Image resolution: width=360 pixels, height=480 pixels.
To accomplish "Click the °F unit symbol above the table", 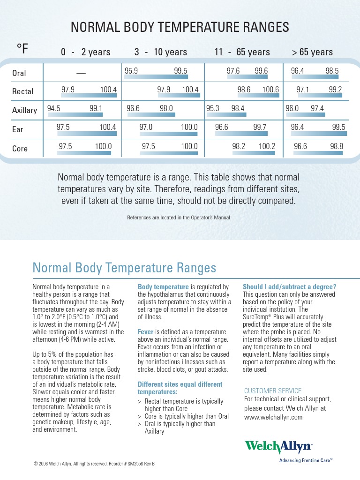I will (x=22, y=48).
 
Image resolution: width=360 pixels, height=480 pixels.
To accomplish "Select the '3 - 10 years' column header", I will (x=160, y=52).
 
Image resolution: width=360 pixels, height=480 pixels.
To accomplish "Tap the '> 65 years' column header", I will (x=312, y=52).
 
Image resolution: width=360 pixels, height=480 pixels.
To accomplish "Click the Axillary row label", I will (x=24, y=110).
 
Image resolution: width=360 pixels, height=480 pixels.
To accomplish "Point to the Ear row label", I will (x=18, y=129).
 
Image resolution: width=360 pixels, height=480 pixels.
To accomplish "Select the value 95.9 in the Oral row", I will (x=131, y=71).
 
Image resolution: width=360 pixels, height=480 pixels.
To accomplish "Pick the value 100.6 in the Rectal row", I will (x=270, y=90).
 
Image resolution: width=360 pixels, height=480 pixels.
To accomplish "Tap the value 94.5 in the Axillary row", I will (x=54, y=108).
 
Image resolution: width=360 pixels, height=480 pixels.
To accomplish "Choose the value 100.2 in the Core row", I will (x=267, y=146).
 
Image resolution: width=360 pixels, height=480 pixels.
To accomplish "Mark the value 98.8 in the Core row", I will (x=337, y=146).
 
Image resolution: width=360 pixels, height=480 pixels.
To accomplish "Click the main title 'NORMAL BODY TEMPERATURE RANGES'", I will (x=180, y=28).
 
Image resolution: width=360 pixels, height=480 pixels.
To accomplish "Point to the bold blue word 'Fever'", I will (x=146, y=332).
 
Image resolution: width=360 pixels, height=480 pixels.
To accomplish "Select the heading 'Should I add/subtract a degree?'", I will (x=289, y=287).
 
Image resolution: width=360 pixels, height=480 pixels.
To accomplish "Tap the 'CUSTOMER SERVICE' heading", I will (x=273, y=391).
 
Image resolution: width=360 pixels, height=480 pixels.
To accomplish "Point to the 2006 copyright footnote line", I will (x=94, y=464).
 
